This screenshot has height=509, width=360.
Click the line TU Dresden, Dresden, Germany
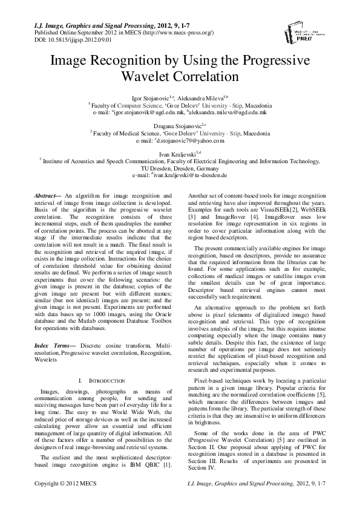[x=180, y=169]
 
